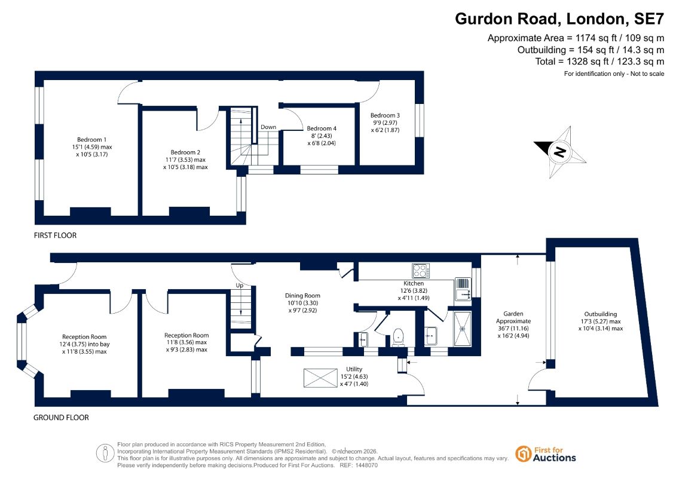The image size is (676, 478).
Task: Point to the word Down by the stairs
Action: pos(268,127)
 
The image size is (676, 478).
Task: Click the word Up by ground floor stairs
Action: pos(240,286)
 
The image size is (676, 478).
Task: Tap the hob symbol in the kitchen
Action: pos(421,271)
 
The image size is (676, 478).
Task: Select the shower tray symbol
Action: pos(463,329)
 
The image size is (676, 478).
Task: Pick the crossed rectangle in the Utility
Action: pos(320,378)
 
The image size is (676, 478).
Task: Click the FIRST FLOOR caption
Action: pos(55,235)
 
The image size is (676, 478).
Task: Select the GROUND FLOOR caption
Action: pos(61,418)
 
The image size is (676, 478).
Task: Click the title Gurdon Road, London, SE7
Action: pos(559,19)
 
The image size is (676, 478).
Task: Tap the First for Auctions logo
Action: pos(546,454)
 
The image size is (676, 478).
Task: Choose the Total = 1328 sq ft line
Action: pos(599,62)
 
